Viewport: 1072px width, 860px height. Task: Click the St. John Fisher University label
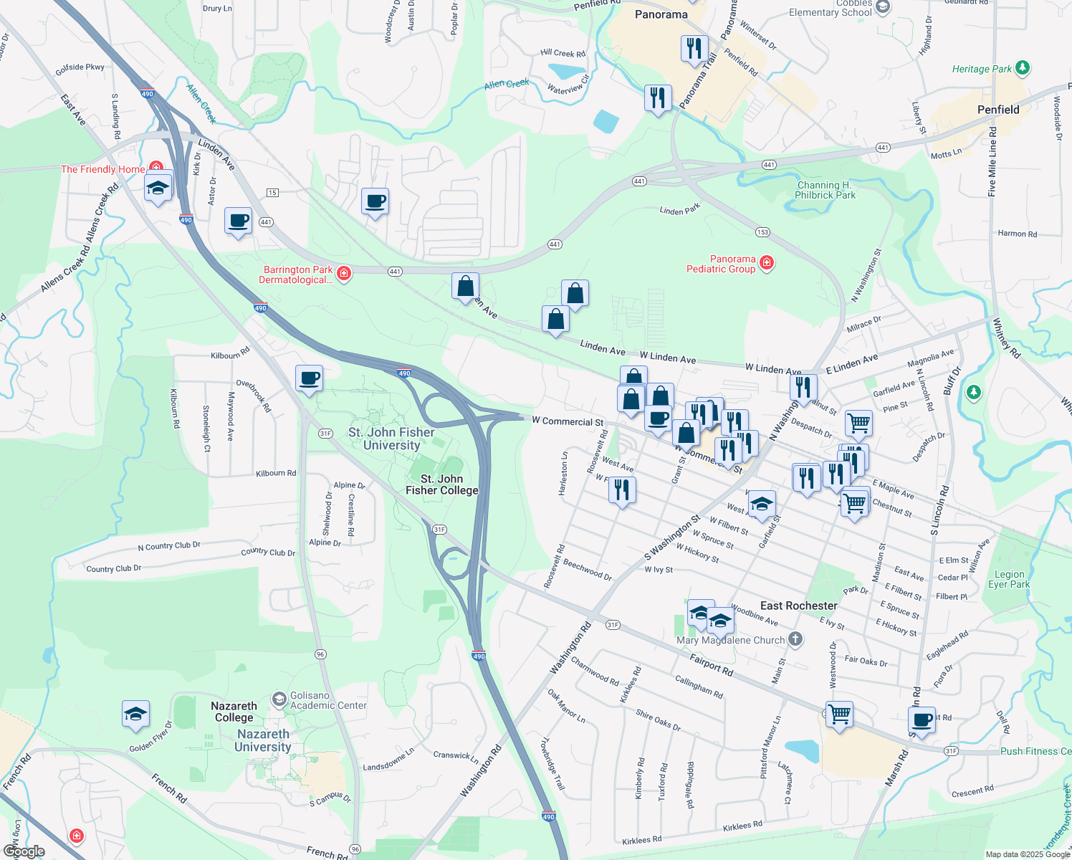tap(391, 439)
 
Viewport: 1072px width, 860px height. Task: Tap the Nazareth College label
tap(234, 712)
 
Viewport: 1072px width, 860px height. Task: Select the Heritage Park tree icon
tap(1023, 68)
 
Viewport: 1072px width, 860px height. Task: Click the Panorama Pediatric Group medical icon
tap(767, 263)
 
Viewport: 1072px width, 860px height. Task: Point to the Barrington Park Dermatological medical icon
tap(344, 274)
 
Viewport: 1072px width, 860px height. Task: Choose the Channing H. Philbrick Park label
tap(825, 190)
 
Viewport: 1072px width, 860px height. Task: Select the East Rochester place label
tap(798, 606)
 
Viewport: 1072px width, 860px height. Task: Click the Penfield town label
tap(997, 110)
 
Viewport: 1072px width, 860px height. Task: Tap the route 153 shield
tap(762, 231)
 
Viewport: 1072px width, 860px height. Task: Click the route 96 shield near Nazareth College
tap(320, 654)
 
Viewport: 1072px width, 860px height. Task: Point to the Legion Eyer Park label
tap(1009, 579)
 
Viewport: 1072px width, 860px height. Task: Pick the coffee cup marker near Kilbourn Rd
tap(309, 378)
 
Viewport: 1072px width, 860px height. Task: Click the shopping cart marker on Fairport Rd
tap(839, 713)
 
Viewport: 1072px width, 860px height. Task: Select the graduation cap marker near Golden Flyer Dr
tap(135, 714)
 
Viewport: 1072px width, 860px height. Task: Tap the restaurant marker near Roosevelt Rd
tap(621, 489)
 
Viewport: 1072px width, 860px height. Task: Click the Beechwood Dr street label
tap(588, 570)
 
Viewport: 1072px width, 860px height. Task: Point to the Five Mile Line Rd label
tap(992, 161)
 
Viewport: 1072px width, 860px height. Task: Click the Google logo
tap(24, 851)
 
